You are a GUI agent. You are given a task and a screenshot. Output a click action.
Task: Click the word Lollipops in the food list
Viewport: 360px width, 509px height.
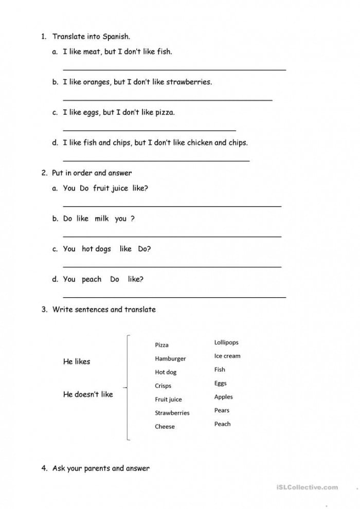coord(226,342)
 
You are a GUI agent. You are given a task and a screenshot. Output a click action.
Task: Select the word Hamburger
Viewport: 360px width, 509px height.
coord(170,358)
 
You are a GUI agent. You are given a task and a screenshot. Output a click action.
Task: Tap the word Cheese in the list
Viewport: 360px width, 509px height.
coord(165,426)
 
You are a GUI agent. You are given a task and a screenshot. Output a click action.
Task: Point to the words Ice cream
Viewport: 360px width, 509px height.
coord(227,356)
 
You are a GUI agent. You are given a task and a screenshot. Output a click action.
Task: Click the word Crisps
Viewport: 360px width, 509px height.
coord(163,386)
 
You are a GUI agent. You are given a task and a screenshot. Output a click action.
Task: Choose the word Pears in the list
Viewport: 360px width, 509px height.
coord(222,410)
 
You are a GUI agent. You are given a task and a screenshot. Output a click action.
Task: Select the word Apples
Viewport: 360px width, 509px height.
coord(223,397)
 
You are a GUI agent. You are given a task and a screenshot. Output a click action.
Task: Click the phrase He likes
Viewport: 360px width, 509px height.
coord(76,361)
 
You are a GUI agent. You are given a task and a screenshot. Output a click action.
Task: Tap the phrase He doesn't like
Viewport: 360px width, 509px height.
coord(88,394)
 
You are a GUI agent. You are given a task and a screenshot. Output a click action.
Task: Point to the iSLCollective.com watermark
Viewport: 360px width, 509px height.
coord(307,487)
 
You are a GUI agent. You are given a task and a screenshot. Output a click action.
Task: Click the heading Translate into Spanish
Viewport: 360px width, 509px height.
coord(92,37)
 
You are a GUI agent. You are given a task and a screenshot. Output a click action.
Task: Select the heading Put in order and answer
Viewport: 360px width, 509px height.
coord(92,173)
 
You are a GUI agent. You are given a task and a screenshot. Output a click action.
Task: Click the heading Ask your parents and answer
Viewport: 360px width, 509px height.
coord(101,468)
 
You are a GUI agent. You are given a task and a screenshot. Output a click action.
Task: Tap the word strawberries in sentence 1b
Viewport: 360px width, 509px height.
coord(189,82)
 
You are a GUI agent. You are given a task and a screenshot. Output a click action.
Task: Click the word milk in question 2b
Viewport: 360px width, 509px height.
coord(101,219)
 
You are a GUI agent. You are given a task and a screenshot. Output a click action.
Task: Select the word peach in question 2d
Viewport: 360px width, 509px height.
coord(92,279)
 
